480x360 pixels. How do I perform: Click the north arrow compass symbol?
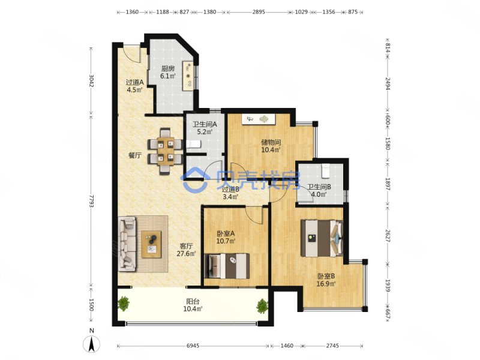tap(92, 344)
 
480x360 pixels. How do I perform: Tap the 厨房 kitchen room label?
tap(168, 69)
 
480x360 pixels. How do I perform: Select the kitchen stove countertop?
tap(188, 76)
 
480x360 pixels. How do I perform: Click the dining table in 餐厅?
tap(166, 151)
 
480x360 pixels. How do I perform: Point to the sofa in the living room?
tap(127, 244)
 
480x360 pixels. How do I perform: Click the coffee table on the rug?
tap(151, 244)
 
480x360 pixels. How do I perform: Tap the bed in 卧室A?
tap(227, 266)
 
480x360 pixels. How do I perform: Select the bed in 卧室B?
tap(321, 238)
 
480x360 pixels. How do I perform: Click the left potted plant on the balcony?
tap(124, 304)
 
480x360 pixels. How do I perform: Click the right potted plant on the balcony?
tap(262, 306)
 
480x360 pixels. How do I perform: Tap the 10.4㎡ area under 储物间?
tap(271, 149)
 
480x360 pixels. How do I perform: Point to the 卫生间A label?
tap(205, 125)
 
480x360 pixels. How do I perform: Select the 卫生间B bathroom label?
tap(319, 187)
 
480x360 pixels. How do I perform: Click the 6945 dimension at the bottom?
tap(193, 346)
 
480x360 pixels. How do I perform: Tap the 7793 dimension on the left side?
tap(91, 200)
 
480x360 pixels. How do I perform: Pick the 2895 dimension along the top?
tap(259, 12)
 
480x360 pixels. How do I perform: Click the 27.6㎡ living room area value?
tap(186, 253)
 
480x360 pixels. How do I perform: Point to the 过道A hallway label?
tap(134, 82)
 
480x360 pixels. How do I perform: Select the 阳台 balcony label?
tap(193, 302)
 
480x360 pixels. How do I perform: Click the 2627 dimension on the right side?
tap(387, 236)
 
